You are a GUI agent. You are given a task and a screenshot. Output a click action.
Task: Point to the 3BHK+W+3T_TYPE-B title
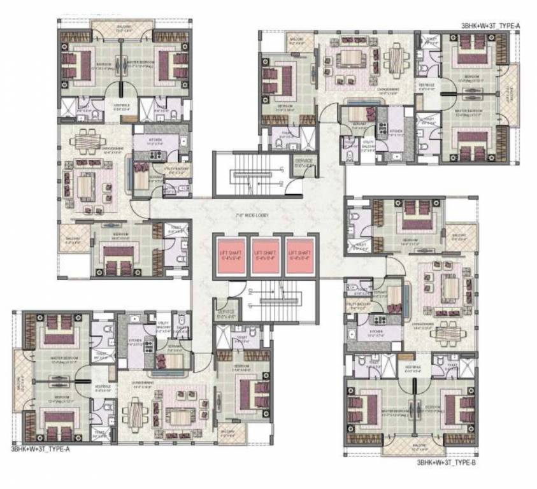[x=446, y=463]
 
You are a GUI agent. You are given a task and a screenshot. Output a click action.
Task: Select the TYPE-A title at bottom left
[x=40, y=449]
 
